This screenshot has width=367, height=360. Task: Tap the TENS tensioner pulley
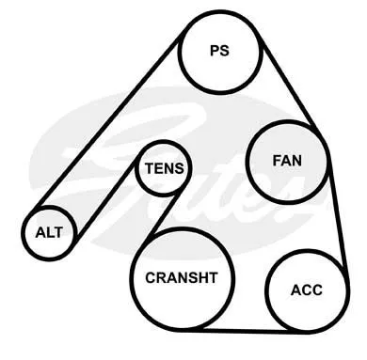pos(163,143)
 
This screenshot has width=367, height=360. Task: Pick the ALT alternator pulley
pos(49,209)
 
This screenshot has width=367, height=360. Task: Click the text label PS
pos(219,51)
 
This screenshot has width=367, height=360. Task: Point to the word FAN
pos(287,161)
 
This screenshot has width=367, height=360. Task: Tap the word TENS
pos(164,168)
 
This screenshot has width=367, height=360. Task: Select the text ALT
pos(49,232)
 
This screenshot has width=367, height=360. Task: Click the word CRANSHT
pos(182,277)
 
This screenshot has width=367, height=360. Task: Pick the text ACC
pos(307,290)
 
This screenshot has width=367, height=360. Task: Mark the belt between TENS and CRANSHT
pos(164,214)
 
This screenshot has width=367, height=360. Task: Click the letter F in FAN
pos(277,161)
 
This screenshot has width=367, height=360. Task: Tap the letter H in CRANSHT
pos(203,277)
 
